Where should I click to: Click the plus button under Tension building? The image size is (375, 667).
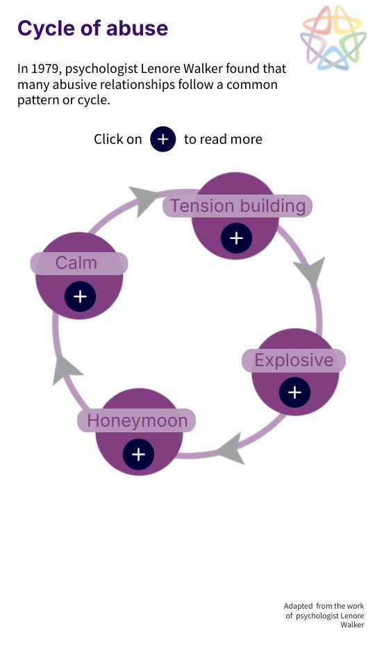(236, 238)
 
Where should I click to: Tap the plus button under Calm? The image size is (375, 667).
(80, 297)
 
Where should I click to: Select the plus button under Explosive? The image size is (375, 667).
(294, 393)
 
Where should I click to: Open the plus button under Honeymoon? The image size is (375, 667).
(138, 454)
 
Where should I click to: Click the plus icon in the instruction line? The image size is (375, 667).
(162, 139)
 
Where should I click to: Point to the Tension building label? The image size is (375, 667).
(237, 206)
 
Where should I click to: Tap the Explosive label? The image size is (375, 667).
(294, 361)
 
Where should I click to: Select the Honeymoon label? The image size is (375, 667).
(137, 421)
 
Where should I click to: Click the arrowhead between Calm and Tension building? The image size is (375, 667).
(143, 200)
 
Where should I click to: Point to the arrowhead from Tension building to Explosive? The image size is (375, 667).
(311, 270)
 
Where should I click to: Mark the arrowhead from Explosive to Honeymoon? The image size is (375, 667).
(232, 449)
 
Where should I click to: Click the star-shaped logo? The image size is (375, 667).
(333, 38)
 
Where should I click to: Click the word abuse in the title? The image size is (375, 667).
(137, 28)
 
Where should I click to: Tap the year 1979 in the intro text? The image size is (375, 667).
(44, 69)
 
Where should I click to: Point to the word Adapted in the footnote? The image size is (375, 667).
(298, 606)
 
